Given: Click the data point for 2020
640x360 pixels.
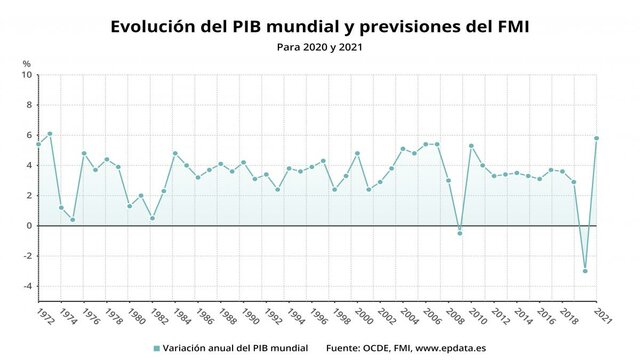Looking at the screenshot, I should [585, 271].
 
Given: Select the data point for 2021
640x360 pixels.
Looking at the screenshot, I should [597, 138].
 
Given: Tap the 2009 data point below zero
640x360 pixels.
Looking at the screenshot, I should [460, 233].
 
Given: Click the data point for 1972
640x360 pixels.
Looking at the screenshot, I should [38, 144].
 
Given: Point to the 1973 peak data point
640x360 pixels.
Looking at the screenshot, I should [50, 134].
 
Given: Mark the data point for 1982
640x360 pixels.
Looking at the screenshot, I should [152, 218].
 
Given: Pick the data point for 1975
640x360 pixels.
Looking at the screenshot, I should [73, 220].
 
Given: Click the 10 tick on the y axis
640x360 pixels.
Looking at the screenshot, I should [26, 75].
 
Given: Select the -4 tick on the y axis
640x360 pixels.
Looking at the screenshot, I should [27, 286].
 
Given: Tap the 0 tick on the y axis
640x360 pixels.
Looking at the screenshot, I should [28, 226].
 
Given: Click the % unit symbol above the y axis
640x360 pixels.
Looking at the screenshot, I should [27, 63].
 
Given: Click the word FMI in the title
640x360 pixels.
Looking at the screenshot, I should [507, 24].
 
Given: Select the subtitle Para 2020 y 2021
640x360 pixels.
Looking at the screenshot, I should [320, 46].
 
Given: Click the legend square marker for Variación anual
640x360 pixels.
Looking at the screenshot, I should [157, 348].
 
